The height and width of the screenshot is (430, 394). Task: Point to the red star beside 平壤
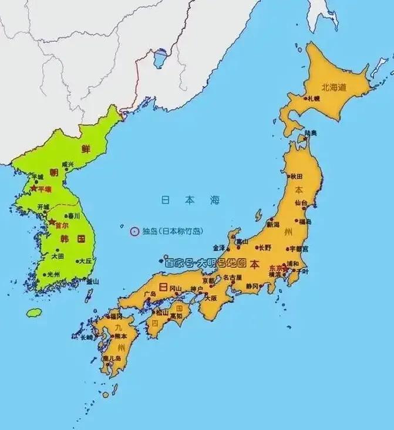point(33,189)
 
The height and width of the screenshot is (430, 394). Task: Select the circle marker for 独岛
point(133,231)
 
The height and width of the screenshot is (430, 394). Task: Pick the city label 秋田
point(295,176)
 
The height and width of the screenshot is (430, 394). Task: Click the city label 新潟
point(273,224)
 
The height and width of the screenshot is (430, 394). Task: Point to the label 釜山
point(92,282)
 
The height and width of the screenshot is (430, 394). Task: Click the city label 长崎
point(86,337)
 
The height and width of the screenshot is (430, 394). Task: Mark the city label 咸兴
point(68,164)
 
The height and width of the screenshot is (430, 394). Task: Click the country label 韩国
point(73,239)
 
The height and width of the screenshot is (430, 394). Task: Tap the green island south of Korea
point(34,313)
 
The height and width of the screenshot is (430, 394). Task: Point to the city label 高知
point(176,316)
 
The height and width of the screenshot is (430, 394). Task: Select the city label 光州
point(53,274)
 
